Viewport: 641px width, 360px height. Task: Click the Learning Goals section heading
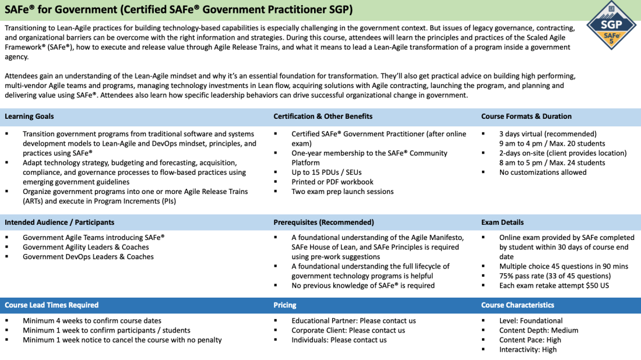tap(29, 117)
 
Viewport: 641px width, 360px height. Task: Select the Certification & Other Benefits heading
tap(323, 117)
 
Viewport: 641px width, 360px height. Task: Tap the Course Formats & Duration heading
tap(526, 117)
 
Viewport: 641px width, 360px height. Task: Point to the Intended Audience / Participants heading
tap(59, 223)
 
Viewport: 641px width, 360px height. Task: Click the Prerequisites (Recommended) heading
tap(323, 223)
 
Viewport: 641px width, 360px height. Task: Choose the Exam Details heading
tap(502, 223)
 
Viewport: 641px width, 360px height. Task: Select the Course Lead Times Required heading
tap(51, 305)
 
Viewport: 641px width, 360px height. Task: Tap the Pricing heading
tap(285, 305)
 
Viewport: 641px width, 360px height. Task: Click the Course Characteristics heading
tap(517, 305)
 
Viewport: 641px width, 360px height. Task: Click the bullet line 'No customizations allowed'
tap(543, 172)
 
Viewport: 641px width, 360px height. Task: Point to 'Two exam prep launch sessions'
tap(343, 192)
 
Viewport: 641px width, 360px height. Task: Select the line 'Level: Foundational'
tap(531, 321)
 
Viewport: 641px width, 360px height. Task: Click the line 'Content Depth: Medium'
tap(538, 330)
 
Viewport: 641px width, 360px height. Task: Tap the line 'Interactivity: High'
tap(528, 350)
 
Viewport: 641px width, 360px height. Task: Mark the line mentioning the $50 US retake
tap(553, 285)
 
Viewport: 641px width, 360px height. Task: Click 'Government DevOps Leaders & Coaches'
tap(88, 257)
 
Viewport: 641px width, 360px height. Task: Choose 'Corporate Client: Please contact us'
tap(348, 330)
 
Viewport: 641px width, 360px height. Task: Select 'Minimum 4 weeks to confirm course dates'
tap(92, 321)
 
